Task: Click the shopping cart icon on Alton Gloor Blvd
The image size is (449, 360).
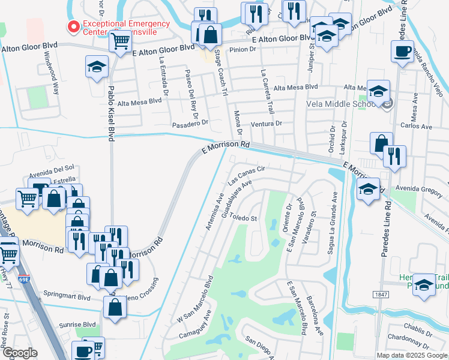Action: tap(120, 41)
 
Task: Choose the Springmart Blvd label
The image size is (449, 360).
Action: tap(67, 296)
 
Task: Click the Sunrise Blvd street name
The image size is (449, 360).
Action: tap(78, 324)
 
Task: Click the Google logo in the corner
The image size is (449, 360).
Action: tap(19, 352)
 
